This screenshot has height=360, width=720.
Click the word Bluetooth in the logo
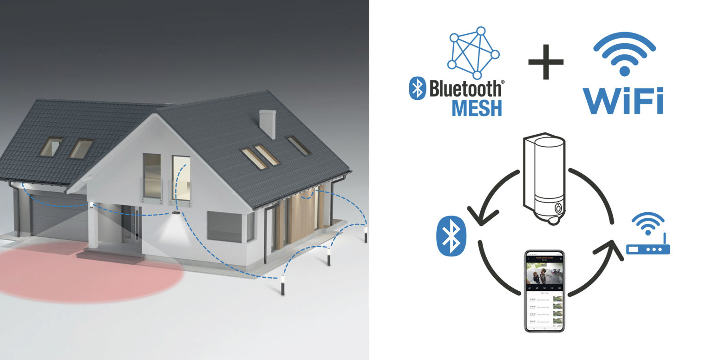pyautogui.click(x=465, y=88)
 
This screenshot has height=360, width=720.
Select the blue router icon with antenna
pyautogui.click(x=648, y=239)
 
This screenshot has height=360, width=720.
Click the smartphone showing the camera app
pyautogui.click(x=544, y=291)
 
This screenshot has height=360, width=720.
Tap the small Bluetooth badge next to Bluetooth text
pyautogui.click(x=417, y=88)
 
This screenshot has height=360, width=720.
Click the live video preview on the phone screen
pyautogui.click(x=544, y=274)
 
